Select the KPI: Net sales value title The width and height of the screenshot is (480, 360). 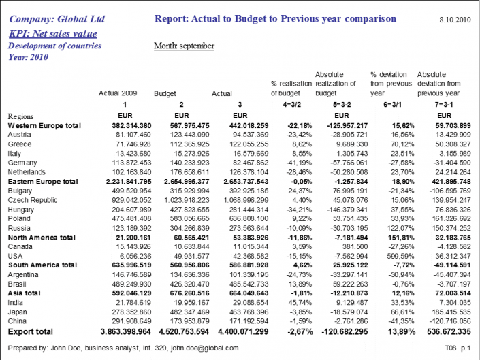pos(53,33)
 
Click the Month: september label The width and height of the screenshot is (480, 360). pos(184,46)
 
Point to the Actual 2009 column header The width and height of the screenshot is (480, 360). pos(118,93)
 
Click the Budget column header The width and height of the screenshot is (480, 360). pos(165,93)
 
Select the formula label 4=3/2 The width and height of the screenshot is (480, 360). pos(285,104)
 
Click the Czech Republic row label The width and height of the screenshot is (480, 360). pos(31,201)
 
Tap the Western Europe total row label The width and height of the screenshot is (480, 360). pos(44,126)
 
